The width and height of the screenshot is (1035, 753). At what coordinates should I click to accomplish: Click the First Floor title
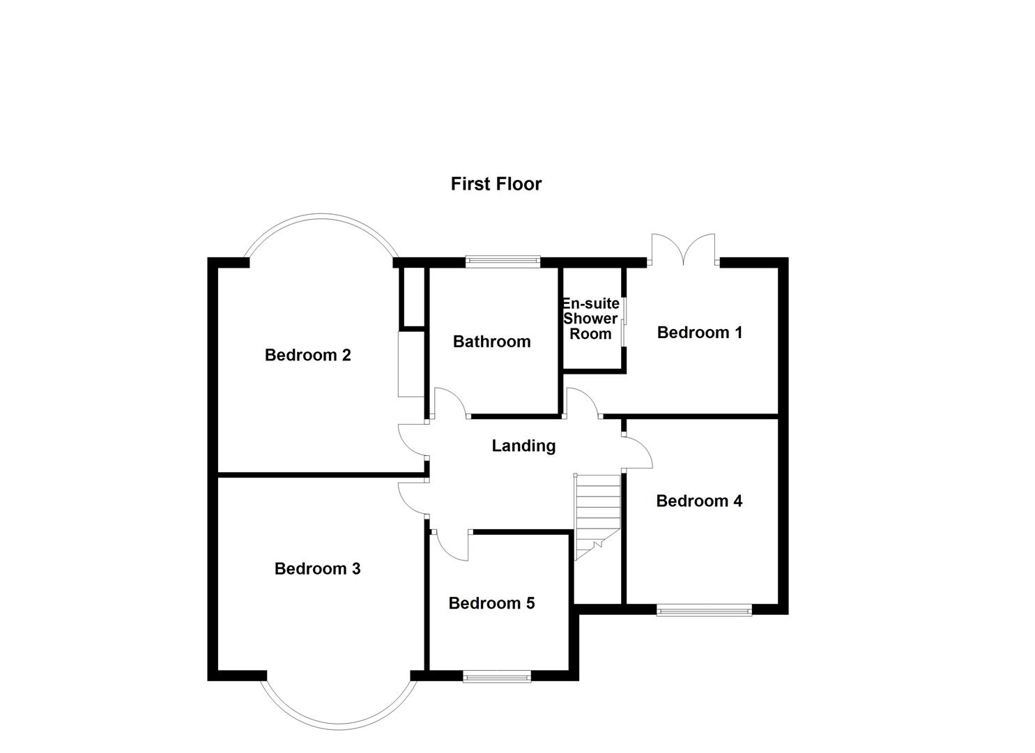point(496,184)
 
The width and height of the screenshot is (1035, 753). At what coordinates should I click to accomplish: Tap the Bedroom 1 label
point(699,333)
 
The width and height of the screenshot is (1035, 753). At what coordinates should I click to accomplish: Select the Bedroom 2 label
point(307,356)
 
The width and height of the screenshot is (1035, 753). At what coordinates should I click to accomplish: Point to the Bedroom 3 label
point(317,569)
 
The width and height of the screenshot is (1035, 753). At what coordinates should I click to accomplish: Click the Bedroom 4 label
point(699,501)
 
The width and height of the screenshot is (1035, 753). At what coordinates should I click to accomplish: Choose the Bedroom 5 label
point(491,603)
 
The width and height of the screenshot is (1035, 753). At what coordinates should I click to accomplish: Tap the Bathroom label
point(491,342)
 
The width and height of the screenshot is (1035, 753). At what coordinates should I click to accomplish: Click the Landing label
point(523,446)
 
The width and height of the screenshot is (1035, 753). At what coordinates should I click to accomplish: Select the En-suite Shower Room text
point(590,319)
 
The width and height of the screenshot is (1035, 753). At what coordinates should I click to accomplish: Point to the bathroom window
point(503,261)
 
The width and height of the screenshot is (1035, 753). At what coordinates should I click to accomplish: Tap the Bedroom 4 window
point(704,611)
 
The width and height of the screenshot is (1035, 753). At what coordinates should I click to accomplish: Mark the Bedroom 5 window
point(497,676)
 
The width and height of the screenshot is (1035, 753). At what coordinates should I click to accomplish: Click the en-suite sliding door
point(624,321)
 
